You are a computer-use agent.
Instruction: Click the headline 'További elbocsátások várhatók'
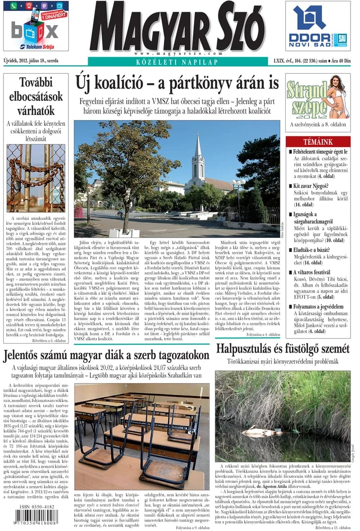[x=36, y=96]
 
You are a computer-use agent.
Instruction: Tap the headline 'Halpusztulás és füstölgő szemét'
[x=283, y=348]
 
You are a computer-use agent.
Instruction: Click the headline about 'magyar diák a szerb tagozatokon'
[x=106, y=356]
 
